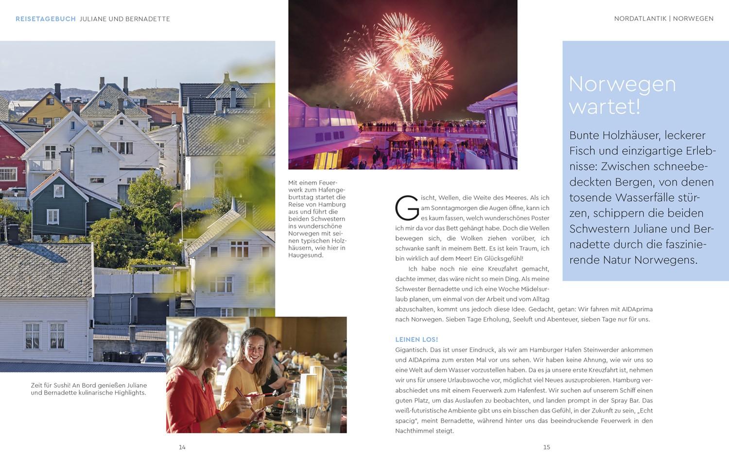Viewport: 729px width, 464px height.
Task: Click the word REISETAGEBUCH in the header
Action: point(46,19)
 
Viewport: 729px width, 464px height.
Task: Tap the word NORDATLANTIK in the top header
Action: point(640,18)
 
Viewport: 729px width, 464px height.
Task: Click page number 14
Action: point(182,447)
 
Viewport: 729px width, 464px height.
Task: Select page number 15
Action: point(547,447)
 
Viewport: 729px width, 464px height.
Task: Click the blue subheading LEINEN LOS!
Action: point(417,339)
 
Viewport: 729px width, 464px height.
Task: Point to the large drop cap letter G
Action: point(407,208)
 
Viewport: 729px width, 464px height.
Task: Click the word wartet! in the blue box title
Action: point(604,107)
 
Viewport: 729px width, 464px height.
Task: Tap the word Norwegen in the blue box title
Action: point(622,84)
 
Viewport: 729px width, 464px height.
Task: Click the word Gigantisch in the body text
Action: point(411,350)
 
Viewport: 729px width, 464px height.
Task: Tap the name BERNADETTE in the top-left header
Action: point(147,19)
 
